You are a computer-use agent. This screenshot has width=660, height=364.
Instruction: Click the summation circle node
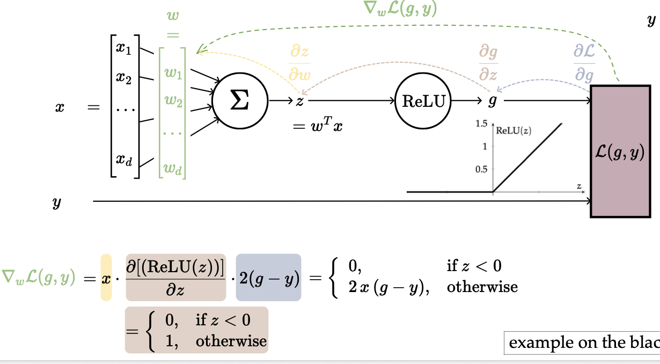(x=239, y=100)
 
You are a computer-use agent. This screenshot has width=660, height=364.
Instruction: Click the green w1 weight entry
(x=173, y=73)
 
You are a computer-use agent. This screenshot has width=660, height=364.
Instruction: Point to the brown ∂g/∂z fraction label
(x=488, y=63)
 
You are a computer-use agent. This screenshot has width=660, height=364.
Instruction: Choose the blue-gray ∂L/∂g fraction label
(x=584, y=63)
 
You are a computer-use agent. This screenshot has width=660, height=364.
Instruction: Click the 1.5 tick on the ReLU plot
(x=481, y=123)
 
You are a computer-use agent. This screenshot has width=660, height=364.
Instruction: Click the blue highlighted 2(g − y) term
(x=268, y=277)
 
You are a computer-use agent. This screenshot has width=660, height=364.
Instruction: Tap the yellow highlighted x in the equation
(x=106, y=277)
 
